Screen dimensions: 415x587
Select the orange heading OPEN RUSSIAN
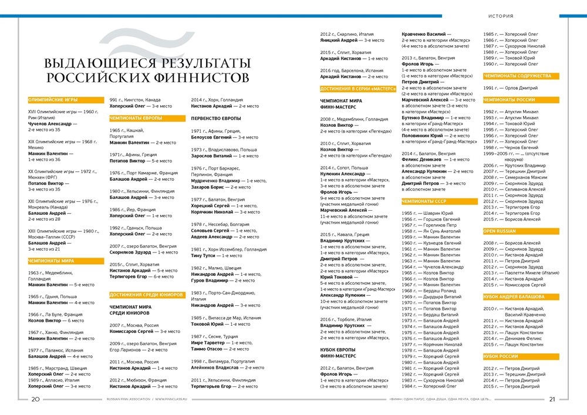click(x=500, y=231)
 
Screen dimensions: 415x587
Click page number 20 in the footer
click(x=35, y=400)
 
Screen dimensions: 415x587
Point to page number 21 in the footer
click(x=552, y=400)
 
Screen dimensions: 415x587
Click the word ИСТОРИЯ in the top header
click(x=501, y=16)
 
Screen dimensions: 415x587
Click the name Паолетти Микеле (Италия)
click(x=528, y=272)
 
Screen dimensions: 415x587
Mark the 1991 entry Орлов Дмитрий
click(x=521, y=88)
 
